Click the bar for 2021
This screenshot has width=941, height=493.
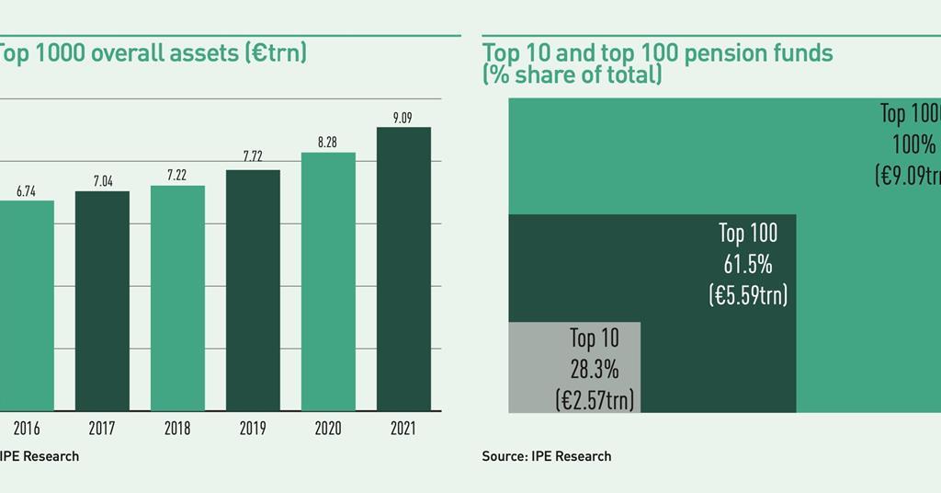tap(403, 269)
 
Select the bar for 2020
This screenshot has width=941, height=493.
tap(328, 282)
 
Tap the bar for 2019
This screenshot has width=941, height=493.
tap(253, 291)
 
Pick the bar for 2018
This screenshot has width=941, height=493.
tap(177, 299)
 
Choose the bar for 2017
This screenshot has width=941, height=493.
tap(102, 302)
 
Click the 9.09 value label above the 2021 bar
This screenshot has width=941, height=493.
tap(403, 117)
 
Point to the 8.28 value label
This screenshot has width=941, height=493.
tap(328, 143)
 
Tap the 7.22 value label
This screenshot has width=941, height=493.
tap(177, 175)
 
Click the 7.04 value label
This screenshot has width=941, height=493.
tap(102, 180)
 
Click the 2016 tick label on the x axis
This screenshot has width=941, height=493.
tap(26, 429)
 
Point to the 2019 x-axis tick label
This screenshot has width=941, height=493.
tap(253, 429)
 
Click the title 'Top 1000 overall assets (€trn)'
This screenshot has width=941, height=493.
tap(152, 53)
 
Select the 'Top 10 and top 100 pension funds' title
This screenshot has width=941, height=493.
tap(657, 53)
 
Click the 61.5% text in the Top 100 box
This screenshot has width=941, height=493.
tap(747, 265)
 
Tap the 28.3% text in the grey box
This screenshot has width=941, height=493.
tap(594, 370)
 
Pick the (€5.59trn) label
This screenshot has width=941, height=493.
tap(748, 295)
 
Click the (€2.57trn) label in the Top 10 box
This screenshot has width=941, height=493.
tap(595, 400)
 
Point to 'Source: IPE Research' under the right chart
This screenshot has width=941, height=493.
tap(546, 456)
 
